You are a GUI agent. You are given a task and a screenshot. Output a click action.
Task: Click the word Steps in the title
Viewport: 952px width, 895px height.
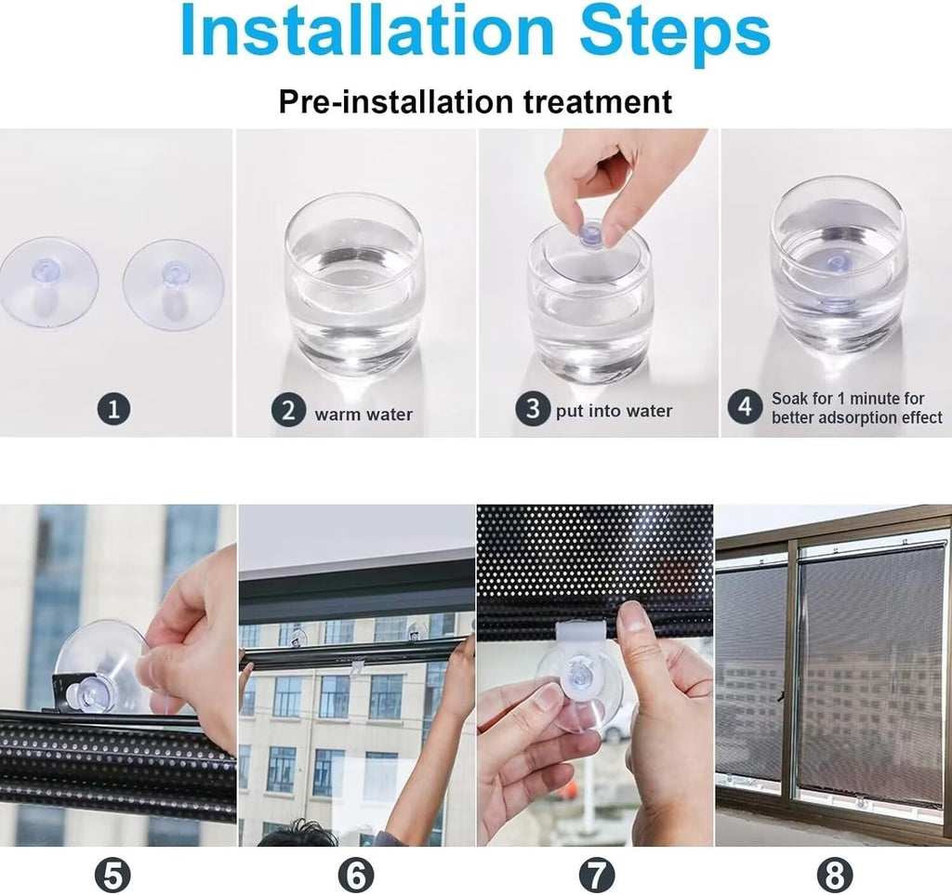point(675,33)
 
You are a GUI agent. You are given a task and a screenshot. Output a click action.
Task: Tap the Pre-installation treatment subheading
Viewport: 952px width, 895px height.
point(475,101)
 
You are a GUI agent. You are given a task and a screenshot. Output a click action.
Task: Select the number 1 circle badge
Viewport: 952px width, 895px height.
point(113,409)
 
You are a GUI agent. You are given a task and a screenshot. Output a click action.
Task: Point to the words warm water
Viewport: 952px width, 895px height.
point(364,415)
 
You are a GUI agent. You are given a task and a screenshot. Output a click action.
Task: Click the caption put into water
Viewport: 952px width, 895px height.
point(614,411)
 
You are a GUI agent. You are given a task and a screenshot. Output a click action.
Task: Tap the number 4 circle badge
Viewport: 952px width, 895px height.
point(745,407)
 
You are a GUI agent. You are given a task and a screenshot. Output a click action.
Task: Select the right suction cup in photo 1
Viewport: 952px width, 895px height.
point(173,283)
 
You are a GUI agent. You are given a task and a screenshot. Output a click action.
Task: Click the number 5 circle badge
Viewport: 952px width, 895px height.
point(112,875)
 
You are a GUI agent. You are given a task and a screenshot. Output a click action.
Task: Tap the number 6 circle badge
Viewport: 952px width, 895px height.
point(356,875)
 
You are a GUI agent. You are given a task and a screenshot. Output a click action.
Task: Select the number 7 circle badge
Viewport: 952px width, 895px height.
point(596,875)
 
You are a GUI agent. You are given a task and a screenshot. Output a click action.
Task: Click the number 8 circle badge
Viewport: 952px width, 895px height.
point(835,875)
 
